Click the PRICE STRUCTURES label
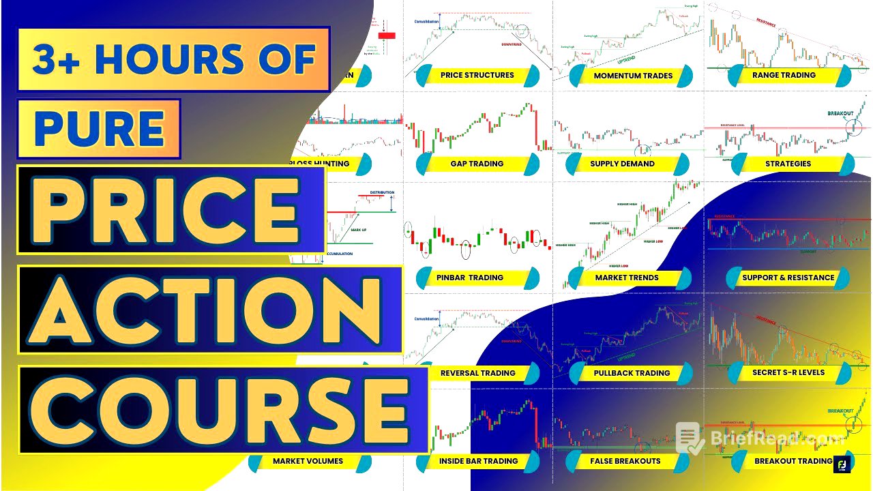click(x=477, y=75)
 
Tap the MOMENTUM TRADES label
click(x=632, y=76)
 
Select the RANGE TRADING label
click(x=784, y=75)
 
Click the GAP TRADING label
click(x=477, y=164)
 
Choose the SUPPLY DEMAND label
click(x=622, y=164)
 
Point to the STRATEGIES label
click(x=788, y=164)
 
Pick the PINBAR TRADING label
click(x=470, y=278)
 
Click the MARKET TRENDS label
click(x=627, y=278)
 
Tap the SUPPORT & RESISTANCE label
click(x=788, y=278)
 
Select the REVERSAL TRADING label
click(x=477, y=373)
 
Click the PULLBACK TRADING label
click(x=632, y=373)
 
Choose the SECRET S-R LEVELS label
click(x=788, y=372)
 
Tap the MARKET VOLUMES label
click(x=308, y=461)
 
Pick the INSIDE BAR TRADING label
click(x=478, y=461)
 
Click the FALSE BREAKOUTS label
click(x=625, y=461)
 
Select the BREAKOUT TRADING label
click(x=793, y=461)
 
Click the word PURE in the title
click(x=100, y=129)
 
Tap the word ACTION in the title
click(x=205, y=310)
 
